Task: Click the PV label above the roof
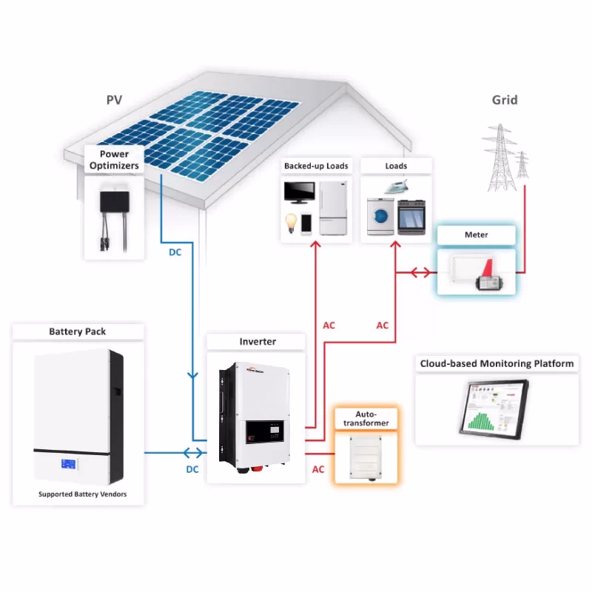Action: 113,99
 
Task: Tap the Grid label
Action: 505,100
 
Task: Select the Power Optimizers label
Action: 114,160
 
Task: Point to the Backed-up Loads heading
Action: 316,166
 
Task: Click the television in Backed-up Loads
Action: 300,192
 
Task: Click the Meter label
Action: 476,235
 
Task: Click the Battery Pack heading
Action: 77,332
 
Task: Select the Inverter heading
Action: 258,342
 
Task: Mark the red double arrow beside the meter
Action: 420,272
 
